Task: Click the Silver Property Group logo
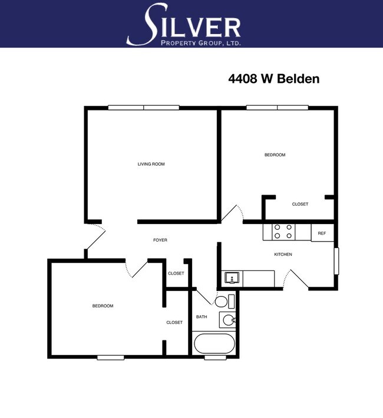(183, 25)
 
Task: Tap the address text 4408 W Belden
(273, 78)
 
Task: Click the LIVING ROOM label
(151, 164)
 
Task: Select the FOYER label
(160, 240)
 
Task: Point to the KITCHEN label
(283, 254)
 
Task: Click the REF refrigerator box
(322, 233)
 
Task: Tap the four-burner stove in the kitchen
(283, 232)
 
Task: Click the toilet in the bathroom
(223, 302)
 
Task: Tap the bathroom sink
(229, 320)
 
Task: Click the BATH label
(202, 317)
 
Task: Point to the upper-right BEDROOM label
(275, 155)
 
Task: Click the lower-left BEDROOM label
(103, 306)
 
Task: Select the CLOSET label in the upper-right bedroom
(300, 204)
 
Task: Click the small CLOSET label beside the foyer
(176, 273)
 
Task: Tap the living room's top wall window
(143, 108)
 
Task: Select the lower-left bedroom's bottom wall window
(110, 357)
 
